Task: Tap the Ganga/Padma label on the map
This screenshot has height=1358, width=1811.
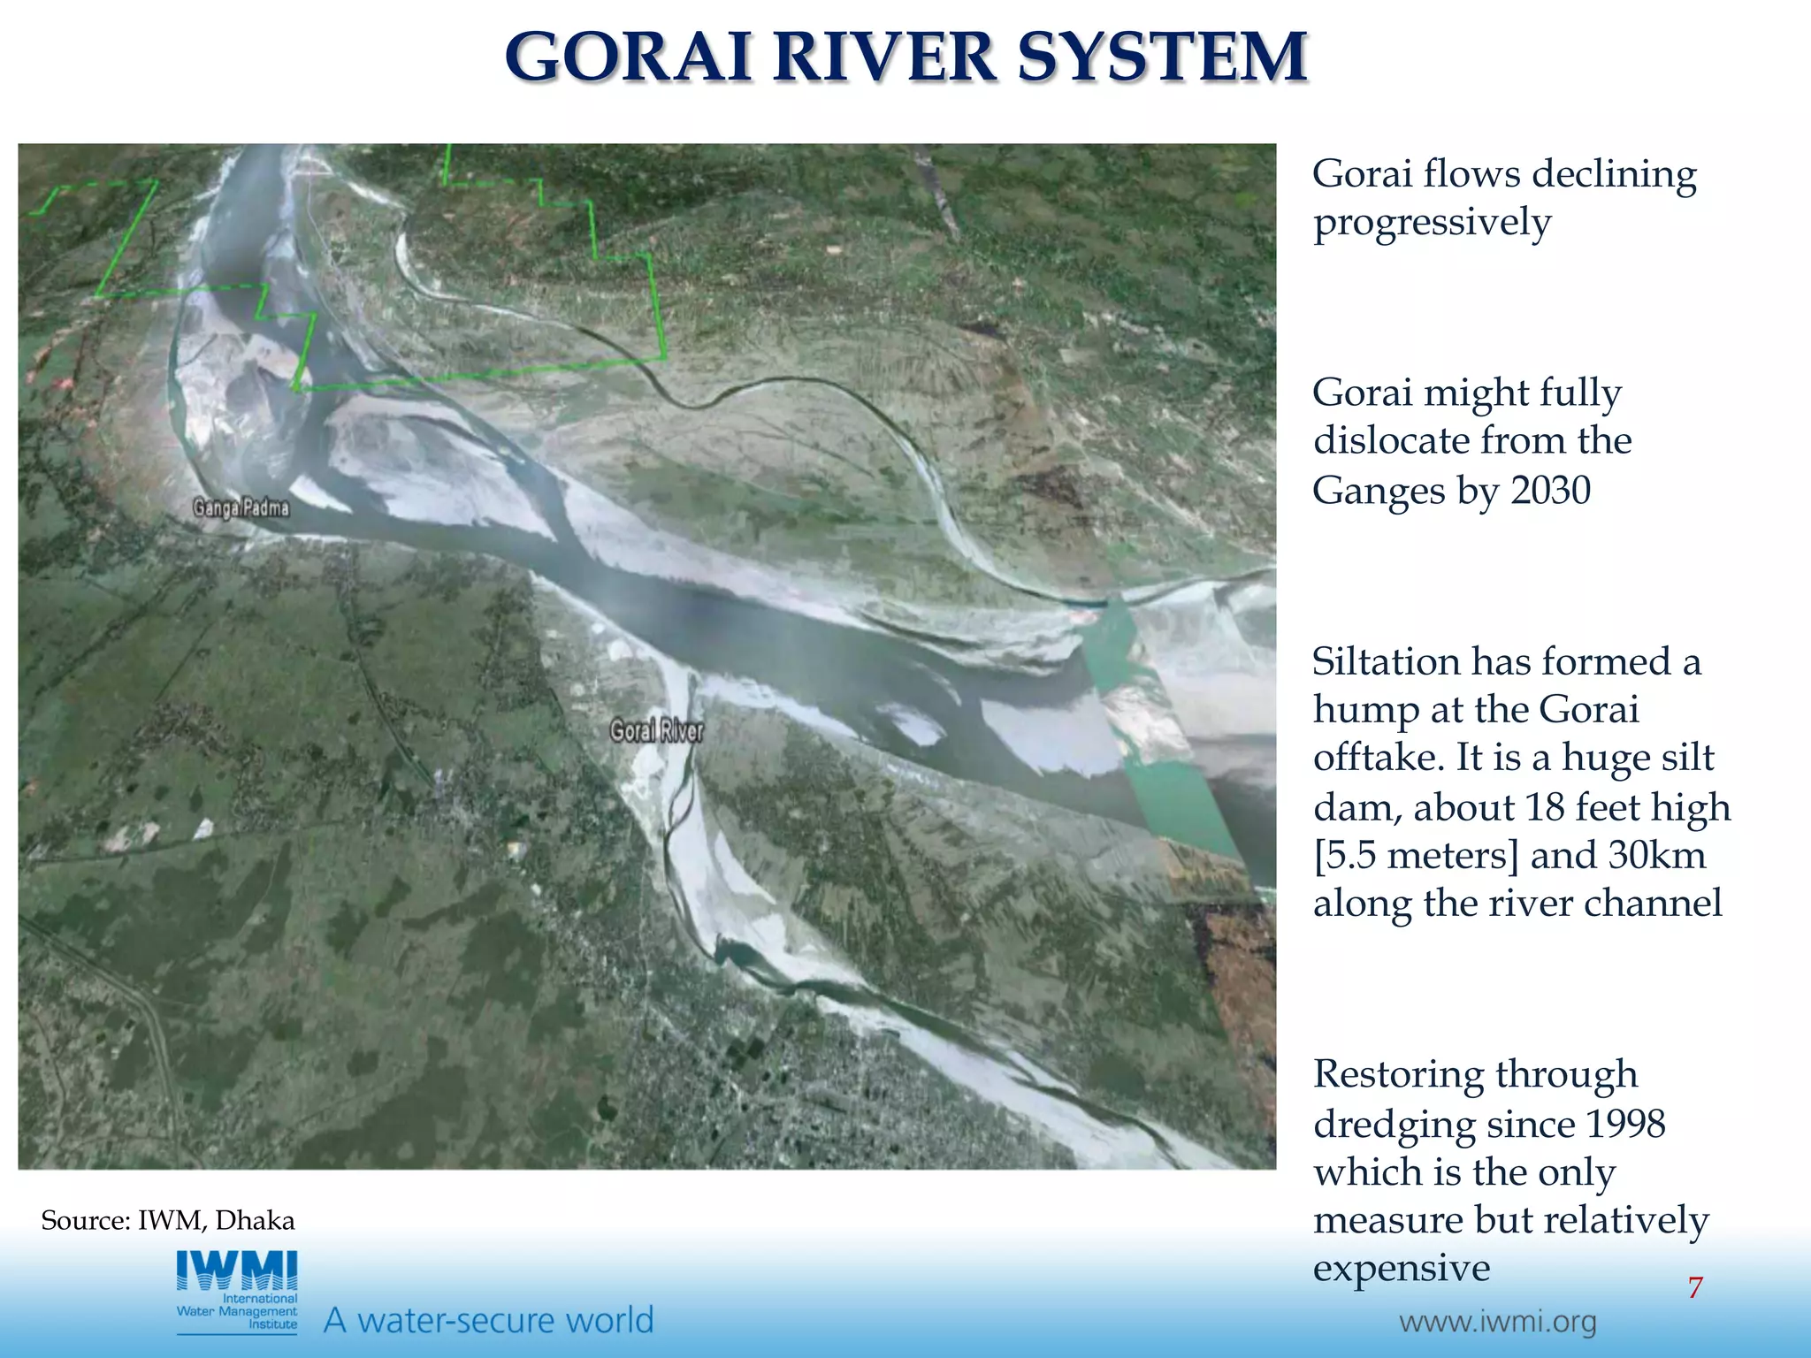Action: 241,508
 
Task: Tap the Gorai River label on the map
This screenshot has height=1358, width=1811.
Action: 657,731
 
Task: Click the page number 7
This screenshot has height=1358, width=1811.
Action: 1694,1288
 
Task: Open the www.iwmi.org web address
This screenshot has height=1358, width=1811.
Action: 1497,1323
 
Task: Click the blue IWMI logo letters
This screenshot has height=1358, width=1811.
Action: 237,1270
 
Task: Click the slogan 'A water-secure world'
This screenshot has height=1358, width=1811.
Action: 489,1320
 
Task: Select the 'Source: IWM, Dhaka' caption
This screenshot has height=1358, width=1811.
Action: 168,1221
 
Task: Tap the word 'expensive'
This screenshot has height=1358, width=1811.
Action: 1402,1268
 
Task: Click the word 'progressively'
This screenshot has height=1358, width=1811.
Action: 1432,223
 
